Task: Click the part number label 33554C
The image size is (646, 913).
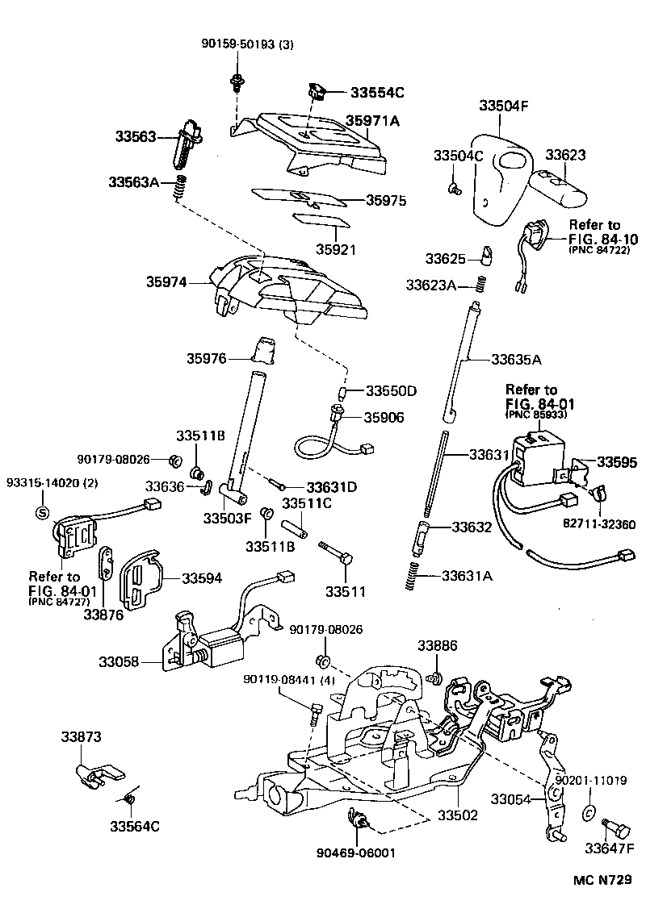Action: [x=376, y=93]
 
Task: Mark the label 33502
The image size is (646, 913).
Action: [x=459, y=815]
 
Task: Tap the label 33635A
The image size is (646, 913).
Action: [x=516, y=359]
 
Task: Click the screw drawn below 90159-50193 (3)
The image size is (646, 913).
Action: [x=237, y=81]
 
